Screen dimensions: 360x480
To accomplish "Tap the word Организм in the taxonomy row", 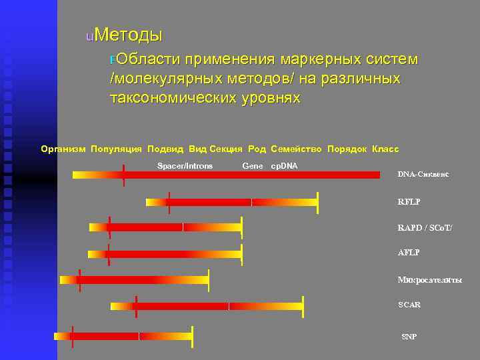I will coord(63,149).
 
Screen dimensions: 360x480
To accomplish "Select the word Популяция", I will coord(116,149).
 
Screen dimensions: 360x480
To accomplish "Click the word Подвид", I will coord(165,149).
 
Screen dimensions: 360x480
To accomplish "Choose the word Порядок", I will coord(347,149).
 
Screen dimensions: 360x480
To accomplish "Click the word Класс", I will coord(385,149).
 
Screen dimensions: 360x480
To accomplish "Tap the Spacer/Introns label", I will coord(185,165).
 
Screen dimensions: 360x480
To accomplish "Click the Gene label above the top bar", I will coord(253,165).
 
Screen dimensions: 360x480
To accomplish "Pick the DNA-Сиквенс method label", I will coord(423,175).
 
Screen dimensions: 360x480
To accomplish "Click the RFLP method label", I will coord(409,201).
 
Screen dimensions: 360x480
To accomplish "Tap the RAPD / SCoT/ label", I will coord(425,228).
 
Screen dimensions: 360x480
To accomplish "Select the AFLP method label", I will coord(409,253).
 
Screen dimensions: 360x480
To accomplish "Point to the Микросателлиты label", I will coord(429,280).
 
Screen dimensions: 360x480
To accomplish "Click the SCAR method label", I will coord(409,305).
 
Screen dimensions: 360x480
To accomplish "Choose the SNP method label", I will coord(409,337).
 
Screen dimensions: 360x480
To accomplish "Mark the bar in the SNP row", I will coord(123,336).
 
